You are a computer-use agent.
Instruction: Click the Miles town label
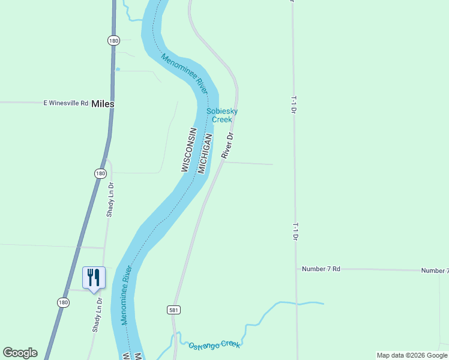click(x=103, y=104)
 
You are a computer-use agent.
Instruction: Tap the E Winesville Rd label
click(x=66, y=103)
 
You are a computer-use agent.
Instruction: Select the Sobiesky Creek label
click(x=222, y=115)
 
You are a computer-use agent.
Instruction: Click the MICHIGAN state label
click(x=205, y=154)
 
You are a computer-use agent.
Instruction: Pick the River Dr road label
click(x=227, y=146)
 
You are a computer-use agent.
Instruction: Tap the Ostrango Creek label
click(x=214, y=345)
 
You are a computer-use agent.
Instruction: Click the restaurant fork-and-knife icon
click(x=94, y=278)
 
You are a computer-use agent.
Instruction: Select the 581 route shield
click(x=173, y=310)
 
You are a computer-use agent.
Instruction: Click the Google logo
click(x=20, y=353)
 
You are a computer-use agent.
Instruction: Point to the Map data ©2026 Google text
click(x=412, y=355)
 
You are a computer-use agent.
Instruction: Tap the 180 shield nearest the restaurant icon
click(x=64, y=303)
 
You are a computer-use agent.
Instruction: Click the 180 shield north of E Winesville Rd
click(x=113, y=40)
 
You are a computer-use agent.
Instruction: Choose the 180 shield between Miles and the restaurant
click(x=100, y=173)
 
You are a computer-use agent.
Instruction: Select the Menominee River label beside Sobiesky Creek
click(x=184, y=74)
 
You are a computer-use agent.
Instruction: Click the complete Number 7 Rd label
click(x=321, y=269)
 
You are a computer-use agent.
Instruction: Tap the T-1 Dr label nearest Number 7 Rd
click(x=295, y=232)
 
